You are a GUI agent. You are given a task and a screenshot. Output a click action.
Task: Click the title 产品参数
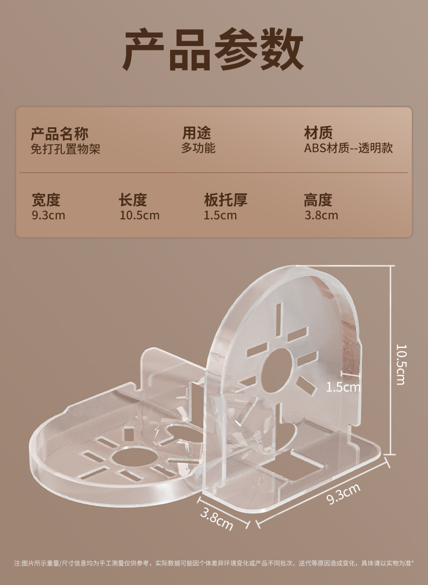coord(214,50)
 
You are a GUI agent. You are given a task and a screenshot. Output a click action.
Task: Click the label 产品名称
coord(60,133)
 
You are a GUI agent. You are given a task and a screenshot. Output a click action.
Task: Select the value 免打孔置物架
coord(66,148)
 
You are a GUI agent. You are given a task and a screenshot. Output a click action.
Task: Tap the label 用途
coord(196,133)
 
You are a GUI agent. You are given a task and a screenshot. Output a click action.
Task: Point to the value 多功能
coord(198,148)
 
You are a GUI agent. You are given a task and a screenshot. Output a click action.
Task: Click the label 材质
coord(319,133)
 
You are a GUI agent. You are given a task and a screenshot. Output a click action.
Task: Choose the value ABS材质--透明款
coord(348,148)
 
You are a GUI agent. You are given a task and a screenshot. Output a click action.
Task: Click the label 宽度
coord(46,200)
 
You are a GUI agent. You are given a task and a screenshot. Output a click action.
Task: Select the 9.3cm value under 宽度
coord(49,215)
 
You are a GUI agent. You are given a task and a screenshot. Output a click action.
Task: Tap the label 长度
coord(133,200)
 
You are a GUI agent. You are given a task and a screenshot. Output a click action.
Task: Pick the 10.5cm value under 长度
coord(140,215)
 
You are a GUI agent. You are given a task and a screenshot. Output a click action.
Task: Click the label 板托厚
coord(225,200)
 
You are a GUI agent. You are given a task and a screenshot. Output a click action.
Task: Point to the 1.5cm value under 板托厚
coord(221,215)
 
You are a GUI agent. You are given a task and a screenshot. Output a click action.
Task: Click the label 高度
coord(318,200)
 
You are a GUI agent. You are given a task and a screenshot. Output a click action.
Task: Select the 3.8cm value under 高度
coord(321,215)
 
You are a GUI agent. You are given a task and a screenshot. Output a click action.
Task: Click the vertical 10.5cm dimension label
coord(400,364)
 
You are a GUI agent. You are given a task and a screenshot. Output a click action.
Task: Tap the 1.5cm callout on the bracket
coord(343,387)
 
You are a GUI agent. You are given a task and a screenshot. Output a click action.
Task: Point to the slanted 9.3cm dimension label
coord(343,495)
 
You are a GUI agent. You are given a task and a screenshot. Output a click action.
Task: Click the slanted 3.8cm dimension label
coord(217,518)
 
